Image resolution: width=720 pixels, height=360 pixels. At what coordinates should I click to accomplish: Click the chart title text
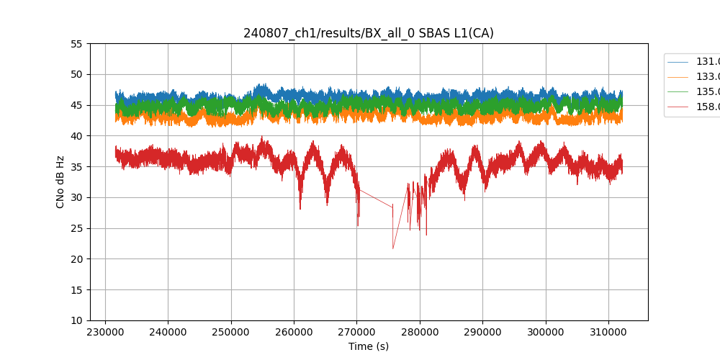click(x=368, y=33)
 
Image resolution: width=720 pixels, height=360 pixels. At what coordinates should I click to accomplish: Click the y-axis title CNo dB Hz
click(x=60, y=181)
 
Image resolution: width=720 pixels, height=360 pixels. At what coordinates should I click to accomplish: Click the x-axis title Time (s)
click(x=369, y=346)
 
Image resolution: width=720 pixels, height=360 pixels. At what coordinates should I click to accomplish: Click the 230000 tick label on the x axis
click(x=105, y=331)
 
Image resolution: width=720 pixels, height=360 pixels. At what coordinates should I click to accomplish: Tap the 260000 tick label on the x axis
click(x=294, y=331)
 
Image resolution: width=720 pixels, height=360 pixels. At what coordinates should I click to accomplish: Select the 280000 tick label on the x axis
click(x=420, y=331)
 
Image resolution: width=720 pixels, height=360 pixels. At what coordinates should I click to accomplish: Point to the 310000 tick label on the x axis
click(x=608, y=331)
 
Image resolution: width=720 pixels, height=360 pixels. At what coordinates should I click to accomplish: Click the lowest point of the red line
click(x=393, y=248)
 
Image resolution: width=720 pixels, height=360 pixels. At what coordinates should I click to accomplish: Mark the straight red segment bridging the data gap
click(x=376, y=199)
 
